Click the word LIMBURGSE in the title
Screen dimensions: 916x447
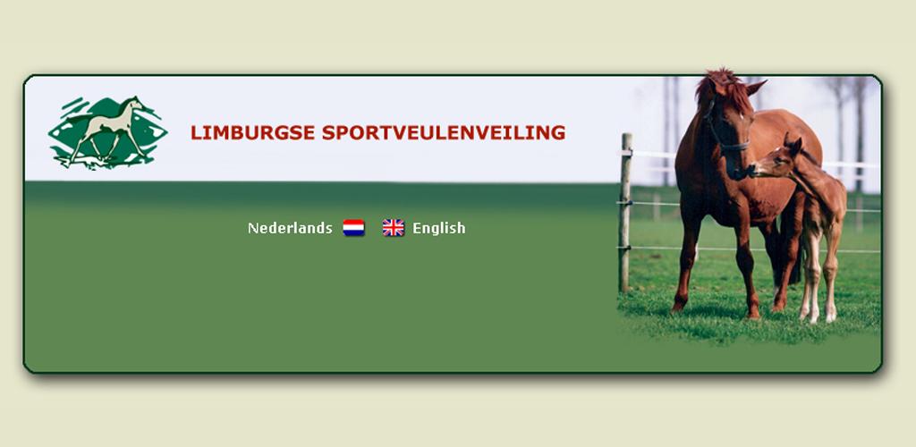[x=252, y=133]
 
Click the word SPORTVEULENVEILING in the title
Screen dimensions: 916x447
[x=444, y=133]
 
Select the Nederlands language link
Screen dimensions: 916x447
[x=290, y=228]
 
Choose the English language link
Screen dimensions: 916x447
[x=438, y=228]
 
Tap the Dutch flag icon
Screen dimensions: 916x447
[x=353, y=228]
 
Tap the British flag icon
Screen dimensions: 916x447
[x=394, y=228]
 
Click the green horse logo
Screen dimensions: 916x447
[x=107, y=133]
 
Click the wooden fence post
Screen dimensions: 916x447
[x=625, y=213]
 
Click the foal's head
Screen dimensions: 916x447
[x=777, y=161]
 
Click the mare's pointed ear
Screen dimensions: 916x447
[x=755, y=88]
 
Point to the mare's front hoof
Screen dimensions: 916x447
[x=678, y=306]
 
